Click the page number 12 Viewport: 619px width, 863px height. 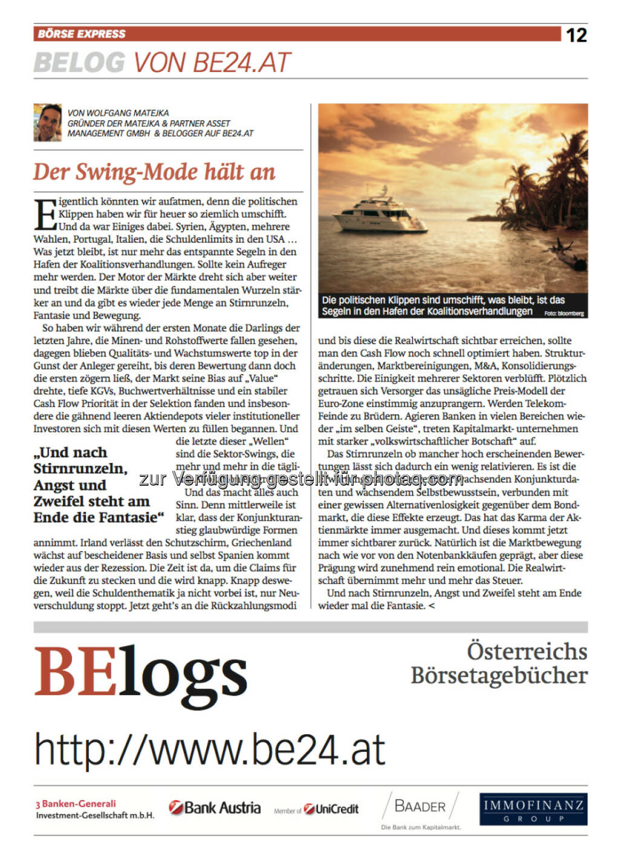(576, 35)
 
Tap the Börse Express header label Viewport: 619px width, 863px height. (82, 34)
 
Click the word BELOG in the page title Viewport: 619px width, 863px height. (79, 63)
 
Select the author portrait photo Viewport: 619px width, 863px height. (48, 122)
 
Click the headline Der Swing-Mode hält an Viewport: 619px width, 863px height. (154, 172)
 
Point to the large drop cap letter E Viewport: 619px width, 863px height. (45, 214)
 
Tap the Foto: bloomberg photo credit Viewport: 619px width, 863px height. (563, 314)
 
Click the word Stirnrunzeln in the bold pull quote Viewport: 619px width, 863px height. (80, 468)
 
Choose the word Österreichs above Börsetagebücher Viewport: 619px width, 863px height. (527, 651)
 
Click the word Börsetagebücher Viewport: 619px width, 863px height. (499, 675)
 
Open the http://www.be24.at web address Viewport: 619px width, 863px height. (210, 749)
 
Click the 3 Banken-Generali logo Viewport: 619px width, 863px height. (94, 809)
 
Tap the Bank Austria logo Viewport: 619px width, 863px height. (215, 808)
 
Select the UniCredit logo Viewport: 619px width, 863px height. (331, 809)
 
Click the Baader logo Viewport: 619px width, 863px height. (421, 807)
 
